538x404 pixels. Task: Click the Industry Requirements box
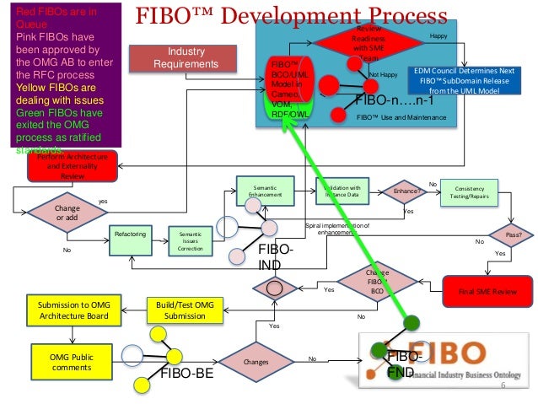pyautogui.click(x=175, y=58)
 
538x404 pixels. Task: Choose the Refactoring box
pyautogui.click(x=132, y=233)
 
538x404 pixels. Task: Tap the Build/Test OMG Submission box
pyautogui.click(x=184, y=309)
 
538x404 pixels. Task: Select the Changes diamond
pyautogui.click(x=256, y=362)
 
